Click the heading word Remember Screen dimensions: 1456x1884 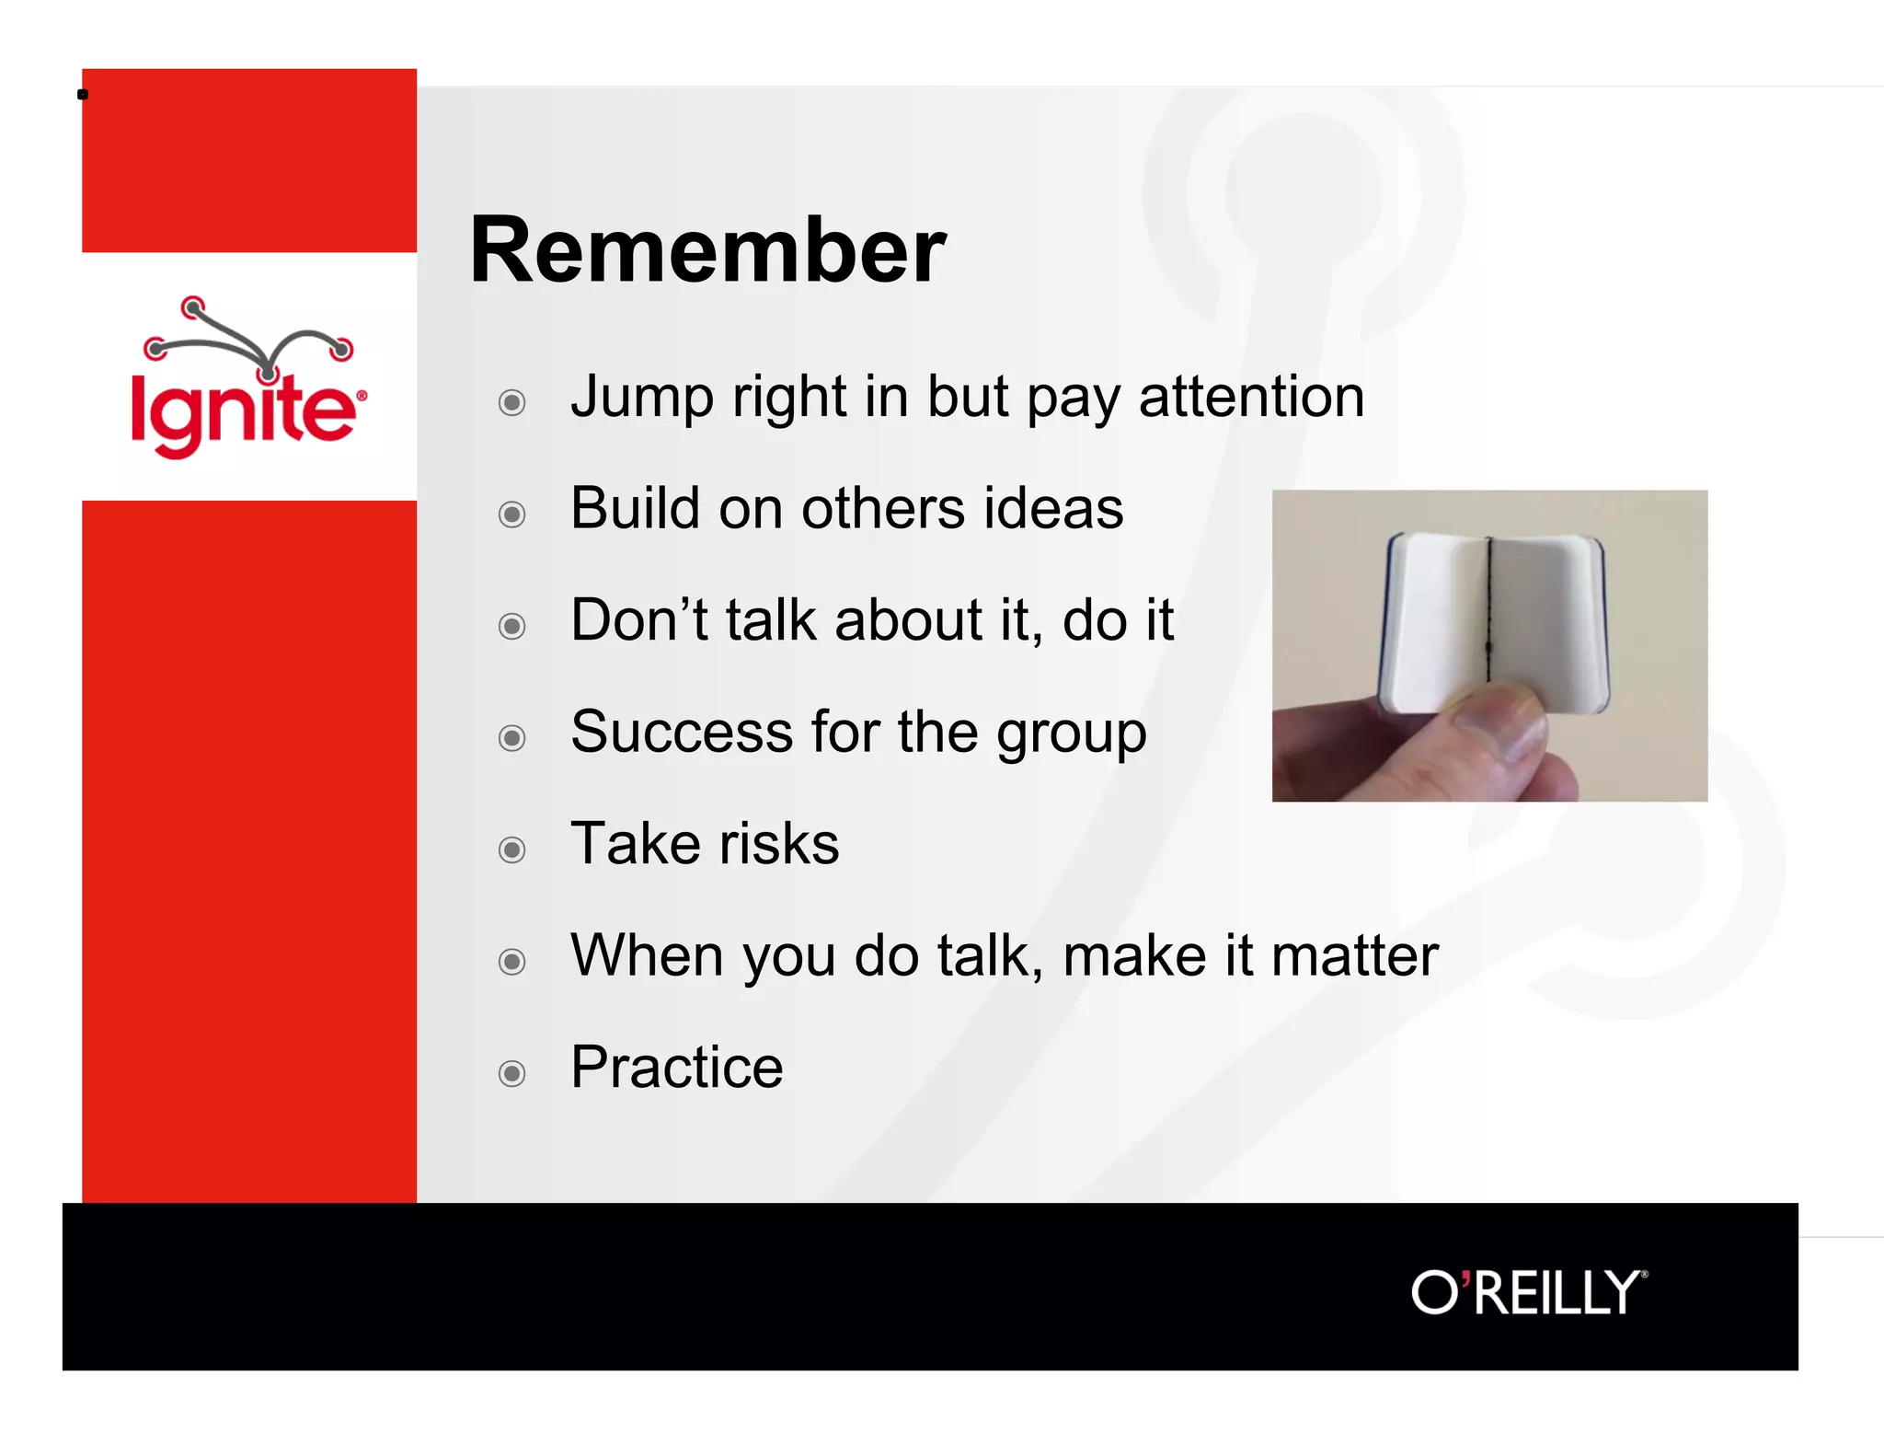pyautogui.click(x=706, y=250)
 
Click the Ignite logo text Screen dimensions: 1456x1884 pyautogui.click(x=244, y=412)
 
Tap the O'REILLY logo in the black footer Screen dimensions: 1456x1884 pyautogui.click(x=1529, y=1292)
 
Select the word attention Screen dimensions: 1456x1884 pyautogui.click(x=1251, y=398)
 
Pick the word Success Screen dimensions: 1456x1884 pyautogui.click(x=681, y=733)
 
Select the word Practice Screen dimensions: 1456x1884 pyautogui.click(x=676, y=1068)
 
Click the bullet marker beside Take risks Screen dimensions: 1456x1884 pyautogui.click(x=512, y=849)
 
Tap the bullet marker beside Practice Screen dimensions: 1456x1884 pyautogui.click(x=512, y=1073)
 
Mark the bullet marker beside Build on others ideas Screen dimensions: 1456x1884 pyautogui.click(x=512, y=514)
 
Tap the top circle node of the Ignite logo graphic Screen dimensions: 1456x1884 pyautogui.click(x=192, y=307)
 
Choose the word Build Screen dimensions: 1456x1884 pyautogui.click(x=635, y=509)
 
